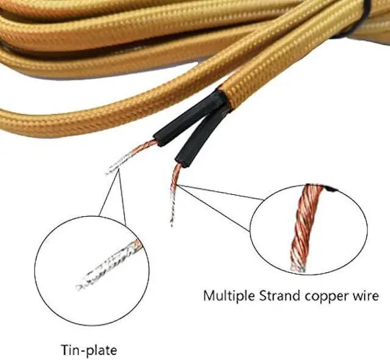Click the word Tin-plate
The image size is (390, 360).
pyautogui.click(x=88, y=350)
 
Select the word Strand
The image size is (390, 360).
pyautogui.click(x=275, y=297)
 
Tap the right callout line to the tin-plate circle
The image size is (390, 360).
pyautogui.click(x=122, y=198)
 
